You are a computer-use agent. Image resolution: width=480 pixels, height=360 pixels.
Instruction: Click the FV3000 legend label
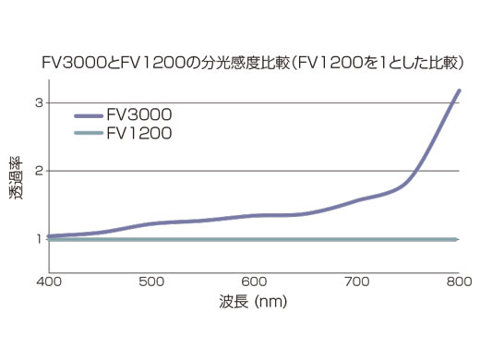[x=138, y=116]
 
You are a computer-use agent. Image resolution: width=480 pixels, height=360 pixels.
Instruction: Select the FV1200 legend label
[x=138, y=134]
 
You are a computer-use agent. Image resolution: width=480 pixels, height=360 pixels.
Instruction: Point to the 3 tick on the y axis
[x=39, y=102]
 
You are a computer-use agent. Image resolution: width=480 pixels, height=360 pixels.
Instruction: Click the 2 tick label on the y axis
[x=39, y=171]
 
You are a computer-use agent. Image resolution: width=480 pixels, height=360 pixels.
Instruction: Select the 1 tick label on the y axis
[x=39, y=239]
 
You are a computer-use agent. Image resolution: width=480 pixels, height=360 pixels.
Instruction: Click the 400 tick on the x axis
[x=48, y=282]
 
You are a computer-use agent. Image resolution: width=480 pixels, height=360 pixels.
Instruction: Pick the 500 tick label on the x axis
[x=150, y=282]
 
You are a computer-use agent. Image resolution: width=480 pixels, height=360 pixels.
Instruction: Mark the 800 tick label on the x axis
[x=458, y=282]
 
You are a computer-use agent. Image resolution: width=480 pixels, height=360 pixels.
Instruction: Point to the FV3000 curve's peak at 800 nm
[x=458, y=90]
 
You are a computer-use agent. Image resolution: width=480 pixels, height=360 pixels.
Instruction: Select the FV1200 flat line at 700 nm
[x=356, y=240]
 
